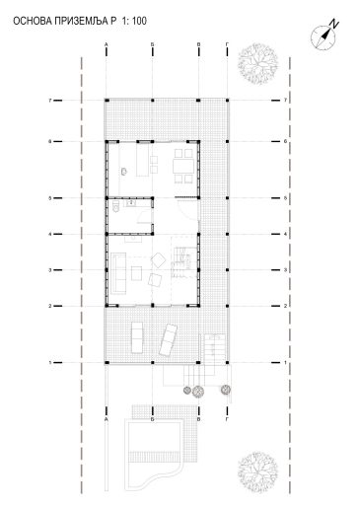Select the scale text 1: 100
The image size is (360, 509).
click(134, 22)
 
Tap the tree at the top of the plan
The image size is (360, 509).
click(258, 64)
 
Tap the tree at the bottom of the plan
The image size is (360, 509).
click(258, 473)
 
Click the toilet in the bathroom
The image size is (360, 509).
click(115, 206)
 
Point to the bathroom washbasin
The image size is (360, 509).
click(131, 203)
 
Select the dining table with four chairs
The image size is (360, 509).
click(183, 166)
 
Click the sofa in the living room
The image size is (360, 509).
click(118, 272)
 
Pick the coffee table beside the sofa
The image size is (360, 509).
click(136, 273)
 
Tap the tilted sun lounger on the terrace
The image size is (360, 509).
click(169, 339)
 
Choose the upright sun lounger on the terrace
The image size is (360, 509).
click(137, 337)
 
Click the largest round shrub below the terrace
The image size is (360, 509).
click(198, 392)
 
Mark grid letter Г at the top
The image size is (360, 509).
click(227, 44)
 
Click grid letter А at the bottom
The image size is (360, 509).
click(106, 419)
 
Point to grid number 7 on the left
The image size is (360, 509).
click(50, 101)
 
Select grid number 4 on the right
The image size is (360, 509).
click(285, 234)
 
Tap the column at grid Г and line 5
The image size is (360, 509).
click(228, 198)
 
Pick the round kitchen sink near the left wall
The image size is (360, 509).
click(124, 172)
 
